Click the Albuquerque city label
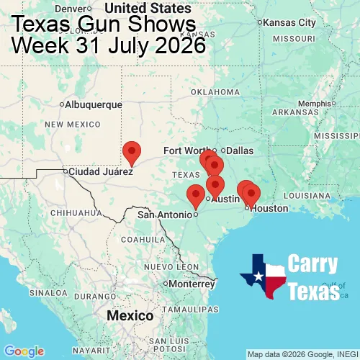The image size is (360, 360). [x=94, y=104]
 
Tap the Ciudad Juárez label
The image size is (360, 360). [x=101, y=172]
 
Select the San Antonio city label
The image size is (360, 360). [x=165, y=215]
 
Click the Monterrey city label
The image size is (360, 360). [x=192, y=284]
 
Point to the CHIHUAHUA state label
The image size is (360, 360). [x=71, y=213]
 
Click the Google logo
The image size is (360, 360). [x=23, y=351]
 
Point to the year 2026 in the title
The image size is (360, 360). [x=178, y=45]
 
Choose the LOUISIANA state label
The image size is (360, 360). [x=307, y=195]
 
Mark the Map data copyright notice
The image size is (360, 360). [x=302, y=354]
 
